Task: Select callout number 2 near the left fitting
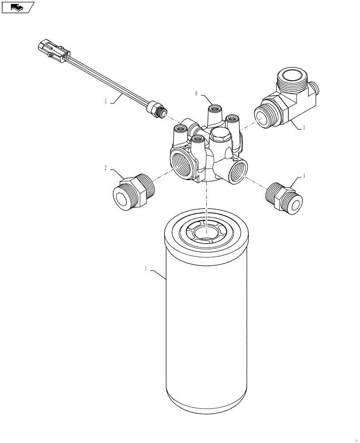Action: click(106, 168)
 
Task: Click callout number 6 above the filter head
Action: click(196, 93)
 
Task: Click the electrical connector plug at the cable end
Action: click(52, 50)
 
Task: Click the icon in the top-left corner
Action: click(18, 7)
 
